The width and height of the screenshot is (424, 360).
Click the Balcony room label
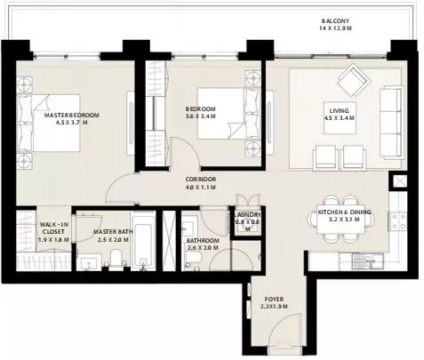point(335,21)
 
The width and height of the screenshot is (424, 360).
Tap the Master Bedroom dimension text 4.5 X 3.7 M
point(72,123)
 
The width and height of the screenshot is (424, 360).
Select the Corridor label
point(201,180)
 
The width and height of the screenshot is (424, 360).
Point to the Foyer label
point(274,300)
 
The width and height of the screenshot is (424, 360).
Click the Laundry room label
point(248,215)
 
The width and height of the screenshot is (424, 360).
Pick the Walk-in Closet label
point(53,228)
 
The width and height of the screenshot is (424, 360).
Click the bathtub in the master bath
point(143,241)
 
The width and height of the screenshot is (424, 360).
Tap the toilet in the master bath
point(116,259)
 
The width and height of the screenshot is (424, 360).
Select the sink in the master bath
point(89,262)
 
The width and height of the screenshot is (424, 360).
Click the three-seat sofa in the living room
point(391,123)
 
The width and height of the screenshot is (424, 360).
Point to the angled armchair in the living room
point(355,80)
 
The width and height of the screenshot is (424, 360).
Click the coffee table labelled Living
point(340,118)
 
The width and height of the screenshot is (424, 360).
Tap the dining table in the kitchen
point(340,220)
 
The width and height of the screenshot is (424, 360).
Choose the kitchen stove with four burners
point(397,221)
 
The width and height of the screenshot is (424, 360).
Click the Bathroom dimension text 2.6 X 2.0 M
point(203,247)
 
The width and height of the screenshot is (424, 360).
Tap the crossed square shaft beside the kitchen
point(398,181)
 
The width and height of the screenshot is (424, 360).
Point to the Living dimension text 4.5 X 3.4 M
point(340,117)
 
